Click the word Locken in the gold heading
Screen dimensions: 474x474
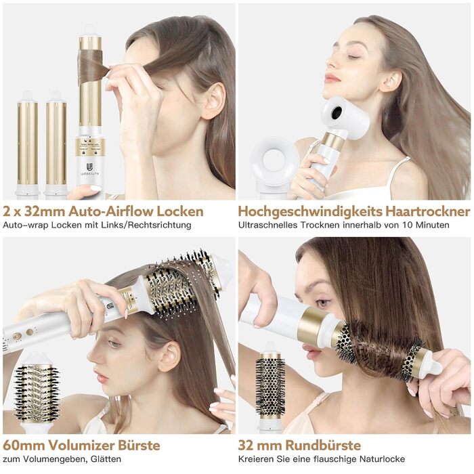[180, 211]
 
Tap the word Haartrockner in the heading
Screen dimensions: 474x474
[428, 211]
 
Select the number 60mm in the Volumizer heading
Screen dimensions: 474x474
[24, 446]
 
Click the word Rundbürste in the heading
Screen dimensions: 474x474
[324, 446]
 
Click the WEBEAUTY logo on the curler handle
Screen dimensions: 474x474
[90, 169]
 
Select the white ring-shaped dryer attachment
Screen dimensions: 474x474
[274, 161]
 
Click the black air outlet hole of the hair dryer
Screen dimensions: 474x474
[337, 112]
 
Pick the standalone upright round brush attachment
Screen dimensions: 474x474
[271, 387]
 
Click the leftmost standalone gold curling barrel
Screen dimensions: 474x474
[28, 142]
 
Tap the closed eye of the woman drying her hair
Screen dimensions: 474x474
[353, 56]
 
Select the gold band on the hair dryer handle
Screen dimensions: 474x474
[332, 141]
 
